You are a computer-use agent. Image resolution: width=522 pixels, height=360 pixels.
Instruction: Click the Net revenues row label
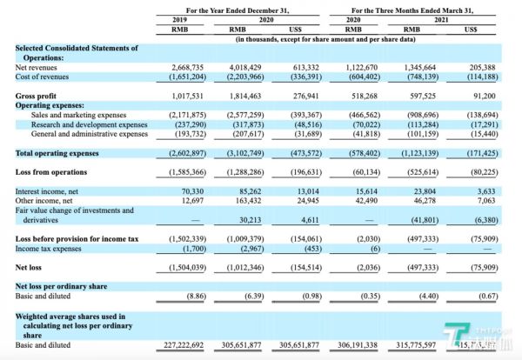pyautogui.click(x=37, y=65)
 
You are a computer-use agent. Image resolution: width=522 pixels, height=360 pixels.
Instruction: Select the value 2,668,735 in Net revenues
pyautogui.click(x=187, y=65)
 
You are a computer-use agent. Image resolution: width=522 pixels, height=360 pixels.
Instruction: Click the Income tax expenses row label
pyautogui.click(x=47, y=247)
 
